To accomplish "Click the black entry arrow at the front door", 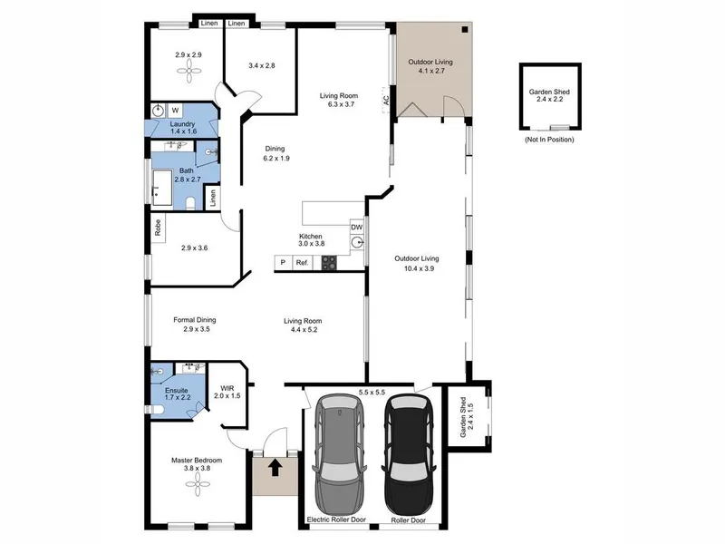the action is click(x=275, y=467).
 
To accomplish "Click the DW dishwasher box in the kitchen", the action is click(x=356, y=228).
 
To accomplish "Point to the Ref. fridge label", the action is click(x=303, y=262).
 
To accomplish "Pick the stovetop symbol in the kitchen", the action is click(x=329, y=262).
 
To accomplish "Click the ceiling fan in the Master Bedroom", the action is click(x=198, y=485).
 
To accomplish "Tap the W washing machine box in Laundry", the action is click(x=175, y=110).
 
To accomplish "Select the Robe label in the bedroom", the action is click(x=158, y=228).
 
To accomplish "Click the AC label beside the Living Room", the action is click(x=386, y=100).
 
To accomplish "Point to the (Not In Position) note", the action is click(x=549, y=140).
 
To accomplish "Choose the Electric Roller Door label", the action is click(x=336, y=520).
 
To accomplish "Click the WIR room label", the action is click(x=227, y=388).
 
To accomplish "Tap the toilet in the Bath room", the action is click(x=190, y=202).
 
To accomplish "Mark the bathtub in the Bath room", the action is click(x=162, y=188).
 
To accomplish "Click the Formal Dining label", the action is click(x=195, y=320).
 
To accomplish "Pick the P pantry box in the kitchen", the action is click(x=283, y=262).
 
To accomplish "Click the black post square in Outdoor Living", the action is click(x=465, y=30).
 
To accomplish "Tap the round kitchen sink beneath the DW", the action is click(x=356, y=242).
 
